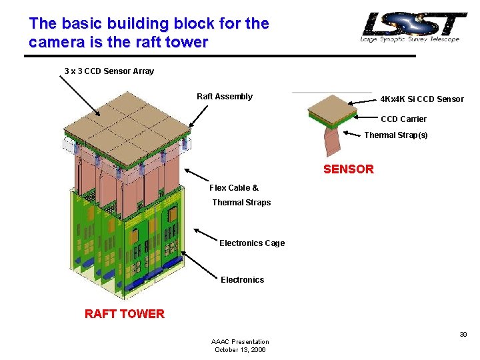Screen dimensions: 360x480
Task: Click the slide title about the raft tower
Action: coord(149,33)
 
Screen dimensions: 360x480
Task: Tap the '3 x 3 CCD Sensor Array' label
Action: coord(109,71)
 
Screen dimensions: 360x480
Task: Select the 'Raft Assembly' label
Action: coord(225,97)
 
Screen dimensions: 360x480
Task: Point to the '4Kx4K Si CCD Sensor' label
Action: coord(421,99)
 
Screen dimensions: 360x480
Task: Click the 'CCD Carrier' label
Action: coord(403,119)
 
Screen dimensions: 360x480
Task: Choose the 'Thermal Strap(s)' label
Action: coord(395,135)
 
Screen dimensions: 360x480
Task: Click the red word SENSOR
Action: coord(348,169)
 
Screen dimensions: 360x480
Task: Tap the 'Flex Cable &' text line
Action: coord(234,188)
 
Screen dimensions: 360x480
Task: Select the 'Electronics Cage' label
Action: coord(252,243)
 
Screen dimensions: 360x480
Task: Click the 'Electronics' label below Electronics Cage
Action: coord(242,280)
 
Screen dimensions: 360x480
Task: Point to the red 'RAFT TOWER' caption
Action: coord(124,314)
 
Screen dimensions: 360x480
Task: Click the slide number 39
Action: coord(463,335)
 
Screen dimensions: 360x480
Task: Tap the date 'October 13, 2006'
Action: coord(240,350)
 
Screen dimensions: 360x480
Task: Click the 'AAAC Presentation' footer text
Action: coord(240,341)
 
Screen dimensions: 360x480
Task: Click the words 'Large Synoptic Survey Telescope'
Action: coord(410,39)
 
